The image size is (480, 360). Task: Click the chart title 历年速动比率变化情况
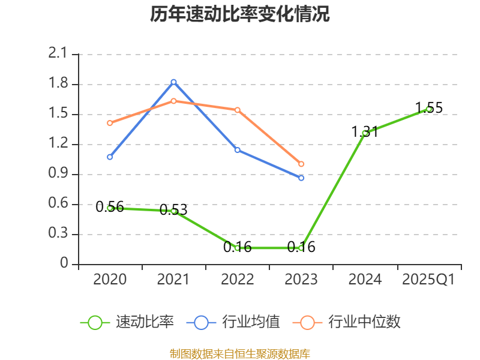240,14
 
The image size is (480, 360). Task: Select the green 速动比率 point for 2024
365,133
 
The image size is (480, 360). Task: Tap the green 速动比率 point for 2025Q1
429,109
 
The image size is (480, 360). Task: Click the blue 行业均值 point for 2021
173,82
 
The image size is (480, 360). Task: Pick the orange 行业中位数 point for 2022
238,110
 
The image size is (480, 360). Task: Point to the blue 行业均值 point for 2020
110,157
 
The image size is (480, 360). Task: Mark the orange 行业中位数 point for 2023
301,164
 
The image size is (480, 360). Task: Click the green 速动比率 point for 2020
110,208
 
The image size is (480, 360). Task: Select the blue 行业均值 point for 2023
301,178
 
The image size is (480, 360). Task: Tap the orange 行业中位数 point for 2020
110,123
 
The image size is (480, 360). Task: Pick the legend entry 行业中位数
346,322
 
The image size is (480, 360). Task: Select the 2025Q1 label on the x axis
428,280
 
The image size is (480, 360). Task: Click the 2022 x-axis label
238,280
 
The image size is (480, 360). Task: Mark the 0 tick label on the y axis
65,264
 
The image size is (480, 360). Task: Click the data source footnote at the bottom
240,353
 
